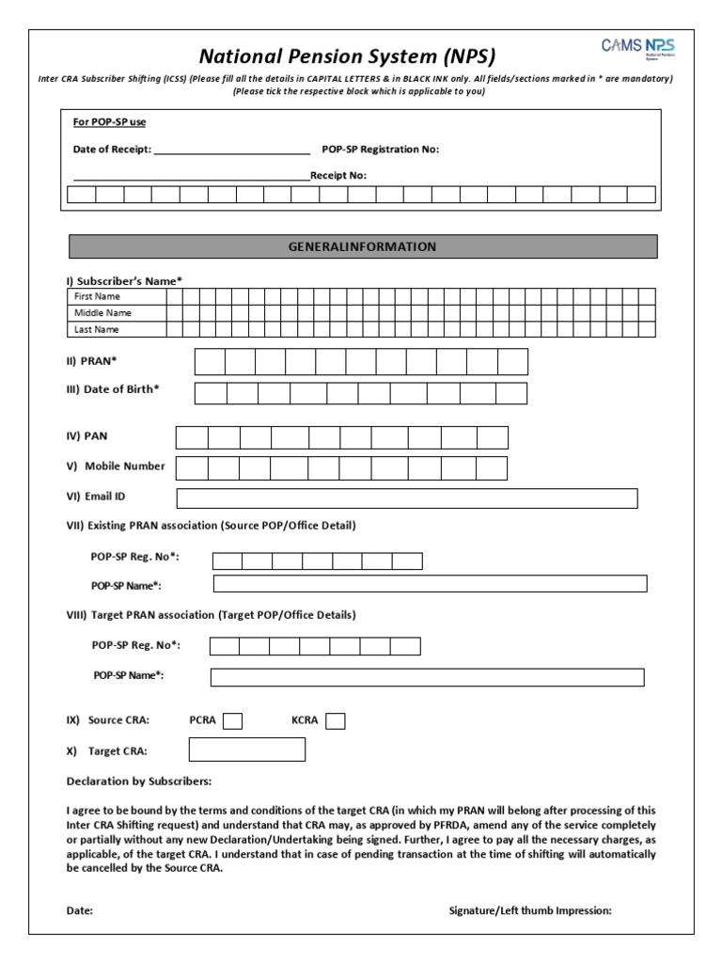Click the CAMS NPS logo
tap(637, 48)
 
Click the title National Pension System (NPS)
tap(347, 55)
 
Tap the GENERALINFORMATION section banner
tap(362, 246)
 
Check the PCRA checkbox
tap(232, 721)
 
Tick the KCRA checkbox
tap(335, 721)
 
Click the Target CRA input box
tap(247, 750)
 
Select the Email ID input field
tap(406, 498)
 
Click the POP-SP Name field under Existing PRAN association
tap(430, 584)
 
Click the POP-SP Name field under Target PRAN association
tap(427, 677)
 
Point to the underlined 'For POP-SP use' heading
tap(109, 122)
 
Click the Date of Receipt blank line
tap(231, 150)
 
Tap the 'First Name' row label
tap(98, 296)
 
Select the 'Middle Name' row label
tap(102, 313)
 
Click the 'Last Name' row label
tap(97, 330)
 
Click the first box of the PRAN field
tap(210, 362)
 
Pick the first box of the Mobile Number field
tap(192, 468)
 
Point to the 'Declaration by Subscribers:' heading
tap(139, 781)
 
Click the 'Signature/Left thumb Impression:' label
tap(530, 910)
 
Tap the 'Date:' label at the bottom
tap(79, 910)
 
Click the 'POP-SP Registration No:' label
tap(380, 150)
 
